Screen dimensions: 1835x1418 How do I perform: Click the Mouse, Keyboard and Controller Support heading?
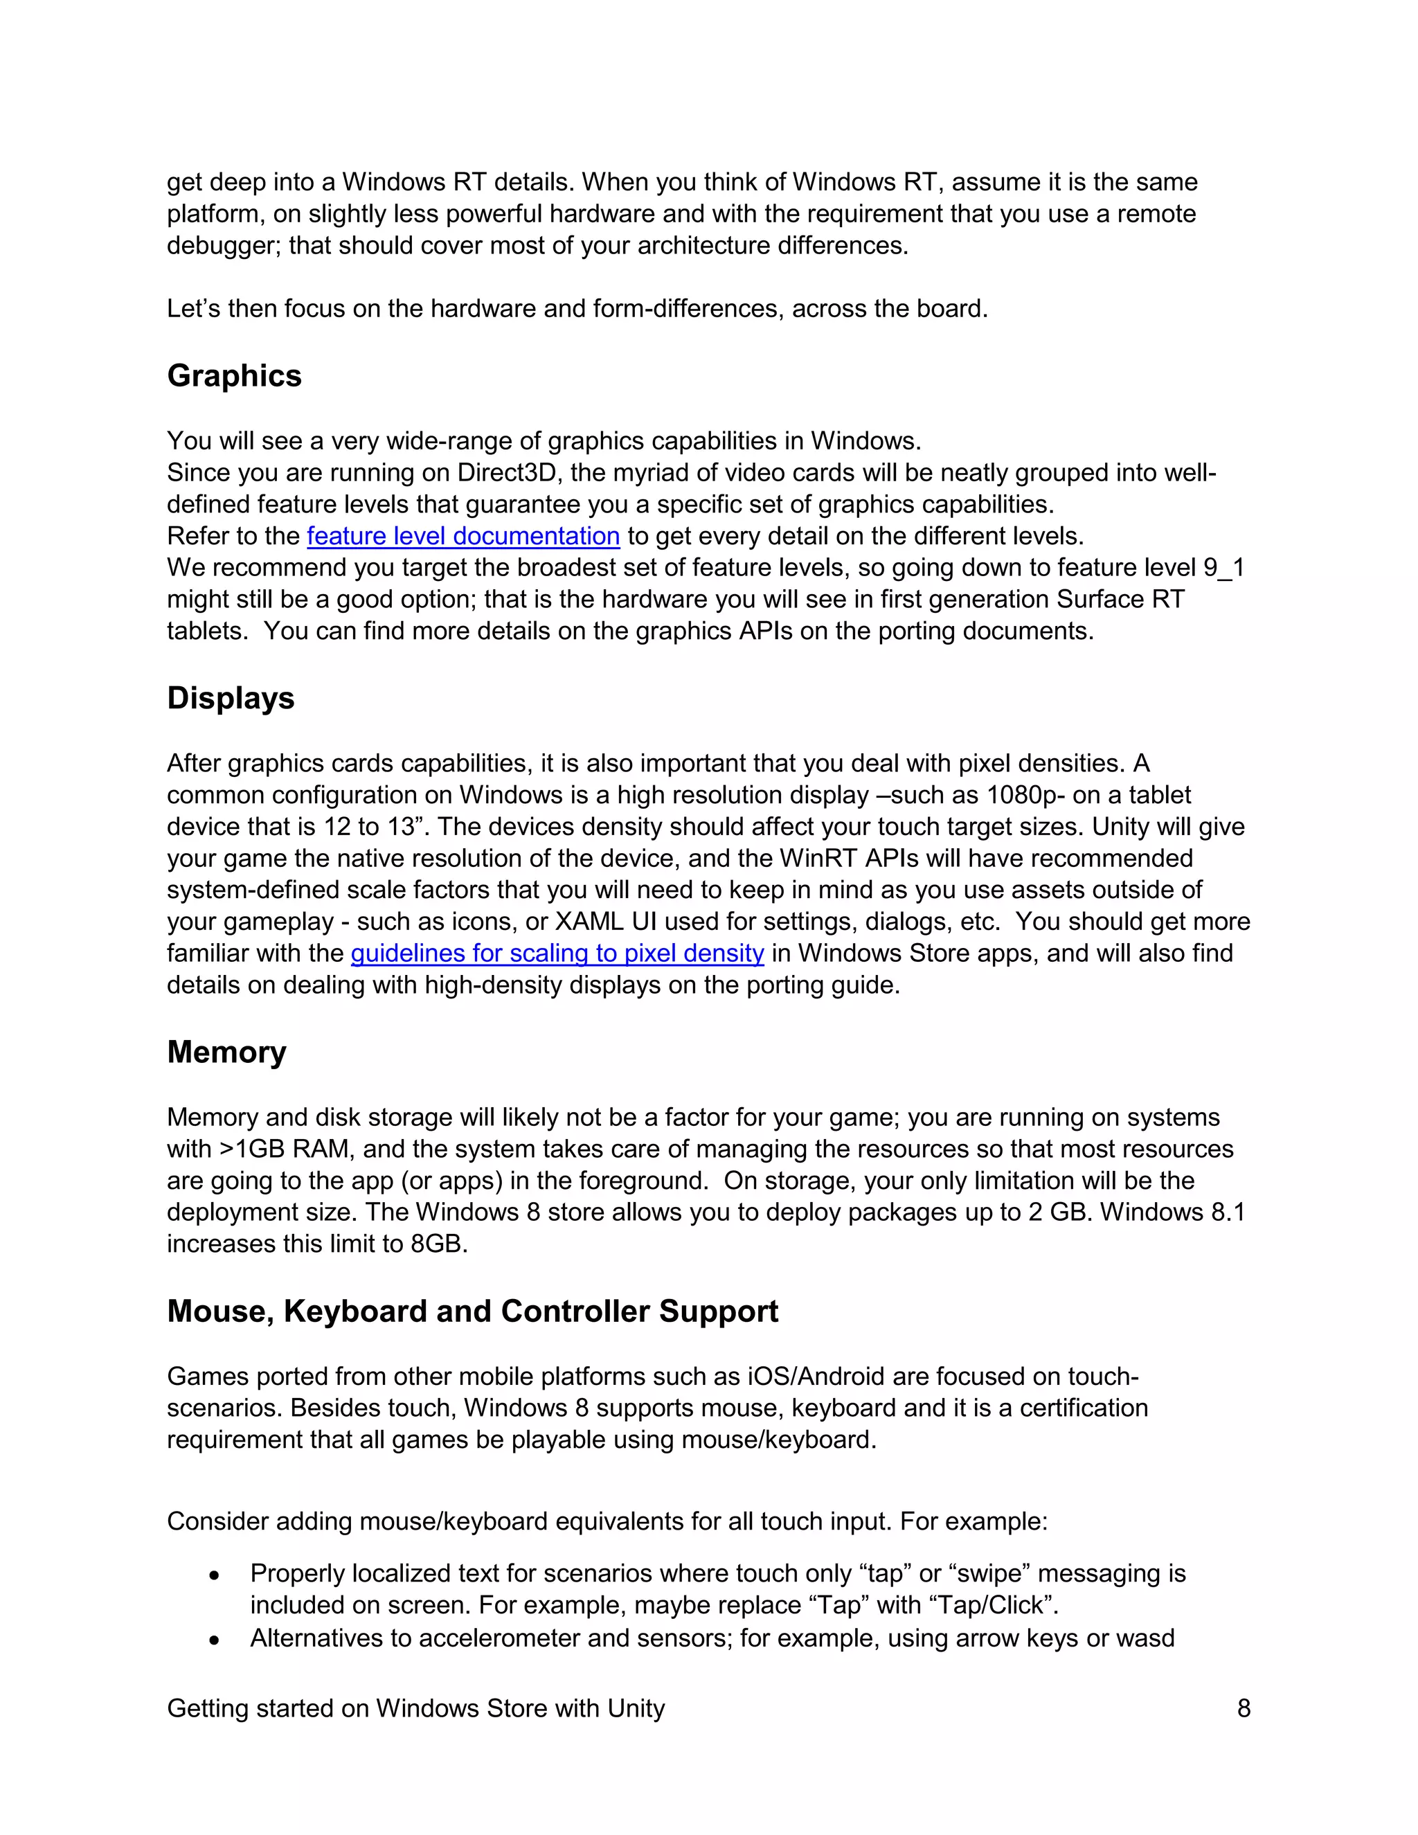(472, 1311)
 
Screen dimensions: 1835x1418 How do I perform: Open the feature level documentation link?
(463, 536)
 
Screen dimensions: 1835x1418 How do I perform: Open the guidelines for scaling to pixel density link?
(557, 953)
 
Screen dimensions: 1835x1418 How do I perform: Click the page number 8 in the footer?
(1244, 1708)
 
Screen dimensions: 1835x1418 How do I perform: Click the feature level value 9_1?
(1223, 568)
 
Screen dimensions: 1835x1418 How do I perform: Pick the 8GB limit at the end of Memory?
(438, 1244)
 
